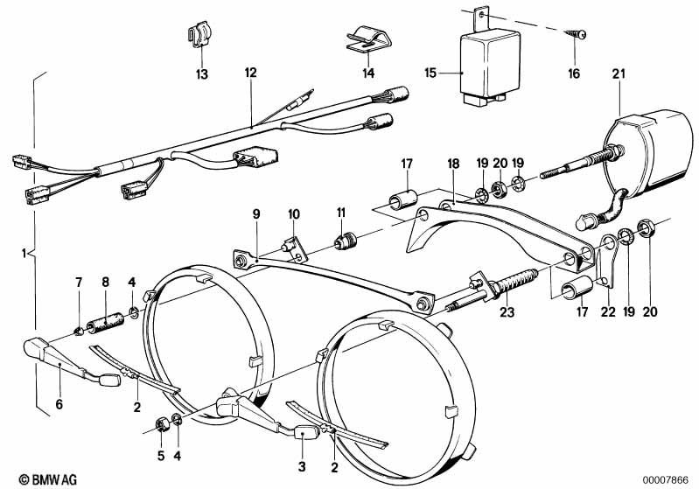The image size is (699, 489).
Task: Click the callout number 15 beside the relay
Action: click(430, 73)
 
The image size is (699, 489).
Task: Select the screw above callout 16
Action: click(575, 34)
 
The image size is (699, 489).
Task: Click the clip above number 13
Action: click(199, 33)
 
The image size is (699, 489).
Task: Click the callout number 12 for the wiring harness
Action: click(250, 73)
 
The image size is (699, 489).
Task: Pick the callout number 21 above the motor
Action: click(619, 74)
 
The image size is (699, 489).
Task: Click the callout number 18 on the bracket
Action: click(453, 164)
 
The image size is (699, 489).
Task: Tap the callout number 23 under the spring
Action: click(507, 311)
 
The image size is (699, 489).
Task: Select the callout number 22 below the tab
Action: click(608, 311)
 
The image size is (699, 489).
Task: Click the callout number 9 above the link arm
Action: click(255, 214)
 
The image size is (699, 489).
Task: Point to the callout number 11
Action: click(341, 213)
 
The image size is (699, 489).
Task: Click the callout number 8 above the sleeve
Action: click(105, 282)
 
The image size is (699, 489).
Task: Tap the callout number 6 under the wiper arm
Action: click(59, 404)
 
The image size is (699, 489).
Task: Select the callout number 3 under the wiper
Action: click(302, 467)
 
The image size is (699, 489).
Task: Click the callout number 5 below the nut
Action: click(161, 456)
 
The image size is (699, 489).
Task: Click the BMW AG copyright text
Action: click(48, 479)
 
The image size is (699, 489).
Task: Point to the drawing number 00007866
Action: click(666, 480)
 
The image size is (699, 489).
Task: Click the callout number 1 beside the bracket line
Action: click(24, 254)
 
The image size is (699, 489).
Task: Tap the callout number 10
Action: click(294, 214)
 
